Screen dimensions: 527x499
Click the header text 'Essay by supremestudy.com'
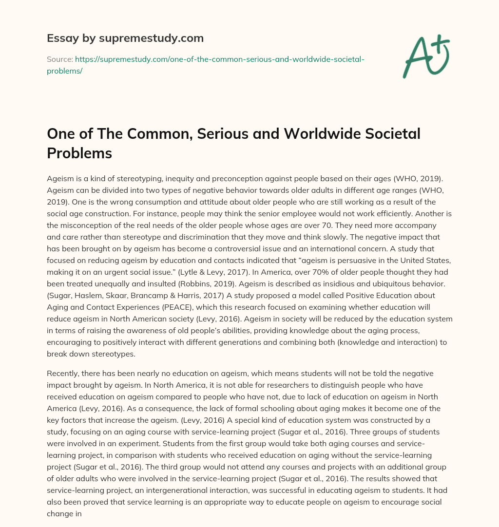tap(125, 38)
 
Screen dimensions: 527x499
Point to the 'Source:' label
tap(59, 59)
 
